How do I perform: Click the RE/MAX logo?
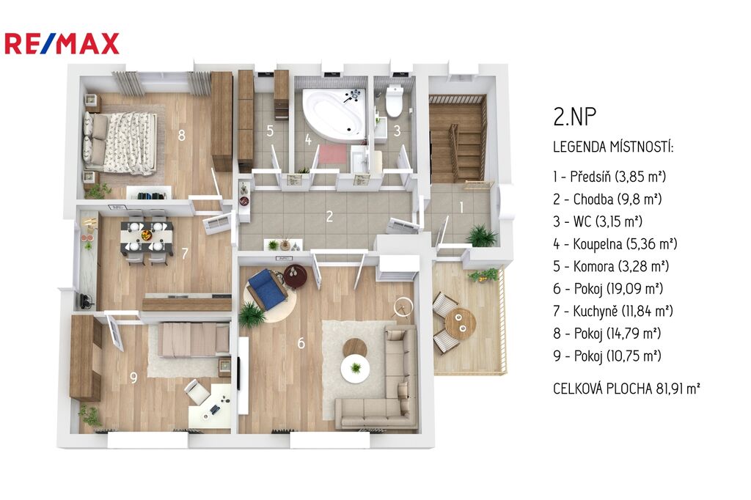coord(62,43)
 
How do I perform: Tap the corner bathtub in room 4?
coord(334,113)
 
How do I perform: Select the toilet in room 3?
coord(394,100)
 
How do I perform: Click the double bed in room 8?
coord(120,142)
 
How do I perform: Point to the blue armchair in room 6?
coord(267,290)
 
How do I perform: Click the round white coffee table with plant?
coord(356,368)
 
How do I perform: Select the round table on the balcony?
coord(461,323)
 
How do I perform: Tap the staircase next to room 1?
coord(457,138)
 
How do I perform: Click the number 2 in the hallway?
coord(329,216)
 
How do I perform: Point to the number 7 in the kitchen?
coord(185,253)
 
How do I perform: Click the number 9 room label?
coord(133,378)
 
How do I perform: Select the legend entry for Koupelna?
coord(615,244)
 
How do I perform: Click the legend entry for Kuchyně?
coord(613,311)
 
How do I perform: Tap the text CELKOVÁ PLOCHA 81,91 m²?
coord(626,389)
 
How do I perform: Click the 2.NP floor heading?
coord(575,117)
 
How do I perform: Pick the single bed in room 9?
coord(194,339)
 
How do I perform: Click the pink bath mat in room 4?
coord(333,154)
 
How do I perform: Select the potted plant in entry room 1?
coord(482,235)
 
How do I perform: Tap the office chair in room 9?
coord(197,391)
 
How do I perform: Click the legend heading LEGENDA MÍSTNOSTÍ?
coord(613,147)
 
